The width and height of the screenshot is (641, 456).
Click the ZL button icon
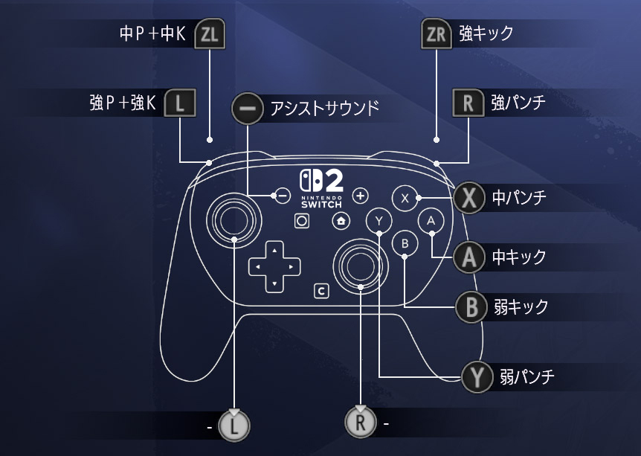209,34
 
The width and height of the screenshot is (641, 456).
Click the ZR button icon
436,34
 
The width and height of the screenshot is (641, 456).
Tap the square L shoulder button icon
179,103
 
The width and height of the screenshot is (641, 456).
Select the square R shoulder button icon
468,103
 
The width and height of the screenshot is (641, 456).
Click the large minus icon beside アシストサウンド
248,109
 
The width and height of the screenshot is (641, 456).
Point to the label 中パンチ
519,198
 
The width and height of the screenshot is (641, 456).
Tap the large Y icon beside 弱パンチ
476,376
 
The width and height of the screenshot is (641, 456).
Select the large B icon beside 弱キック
470,306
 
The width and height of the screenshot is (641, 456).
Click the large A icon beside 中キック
468,257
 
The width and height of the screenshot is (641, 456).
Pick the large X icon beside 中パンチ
468,198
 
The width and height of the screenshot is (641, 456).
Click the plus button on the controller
361,196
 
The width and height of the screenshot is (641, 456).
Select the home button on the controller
341,221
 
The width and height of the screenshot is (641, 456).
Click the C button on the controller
321,291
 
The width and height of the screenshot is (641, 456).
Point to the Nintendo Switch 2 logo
322,189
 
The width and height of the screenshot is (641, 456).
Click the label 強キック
486,33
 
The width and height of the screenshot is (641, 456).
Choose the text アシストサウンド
325,109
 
